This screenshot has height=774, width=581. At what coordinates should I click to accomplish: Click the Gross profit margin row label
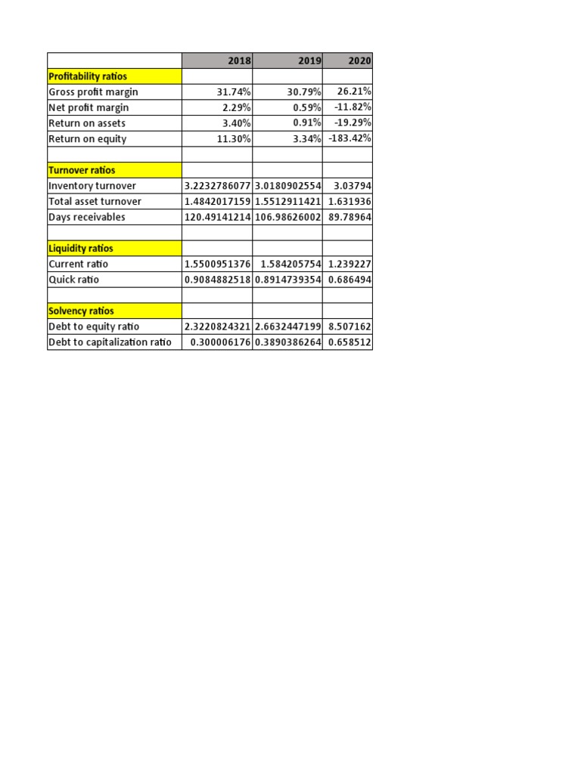[93, 92]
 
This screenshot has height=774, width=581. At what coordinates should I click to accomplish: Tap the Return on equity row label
[88, 139]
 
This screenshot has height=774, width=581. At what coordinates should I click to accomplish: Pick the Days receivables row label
[87, 217]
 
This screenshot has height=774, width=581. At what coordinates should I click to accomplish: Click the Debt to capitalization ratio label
[110, 342]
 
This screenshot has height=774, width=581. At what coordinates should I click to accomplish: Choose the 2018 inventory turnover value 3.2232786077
[218, 186]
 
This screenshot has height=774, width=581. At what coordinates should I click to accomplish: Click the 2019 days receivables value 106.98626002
[287, 217]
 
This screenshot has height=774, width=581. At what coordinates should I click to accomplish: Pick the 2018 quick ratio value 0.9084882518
[218, 280]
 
